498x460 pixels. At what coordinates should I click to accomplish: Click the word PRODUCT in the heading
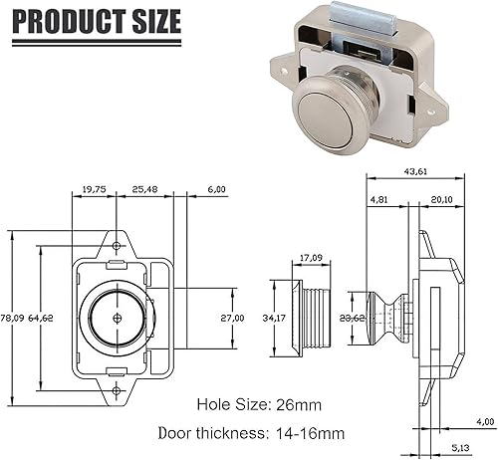(x=69, y=21)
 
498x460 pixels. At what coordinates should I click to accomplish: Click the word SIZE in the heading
(x=156, y=21)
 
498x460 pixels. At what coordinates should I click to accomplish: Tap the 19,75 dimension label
(x=94, y=189)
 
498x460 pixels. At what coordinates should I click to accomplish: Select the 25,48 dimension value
(x=144, y=189)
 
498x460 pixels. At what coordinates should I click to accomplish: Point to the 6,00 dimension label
(x=216, y=189)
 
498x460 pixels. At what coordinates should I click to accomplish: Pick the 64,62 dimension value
(x=41, y=318)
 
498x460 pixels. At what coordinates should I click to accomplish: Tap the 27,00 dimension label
(x=232, y=318)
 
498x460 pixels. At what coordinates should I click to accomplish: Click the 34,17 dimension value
(x=274, y=318)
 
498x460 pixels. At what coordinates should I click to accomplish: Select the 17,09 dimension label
(x=311, y=258)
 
